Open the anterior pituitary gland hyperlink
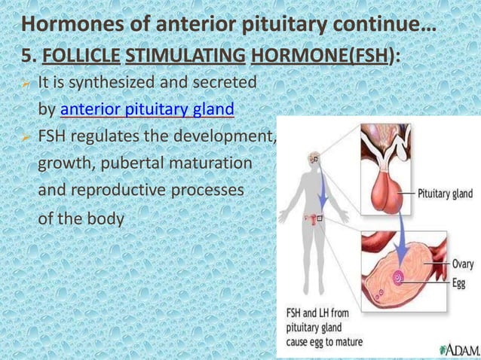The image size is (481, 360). point(147,110)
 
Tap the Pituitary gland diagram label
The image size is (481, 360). point(445,194)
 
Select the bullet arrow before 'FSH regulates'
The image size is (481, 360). point(27,137)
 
